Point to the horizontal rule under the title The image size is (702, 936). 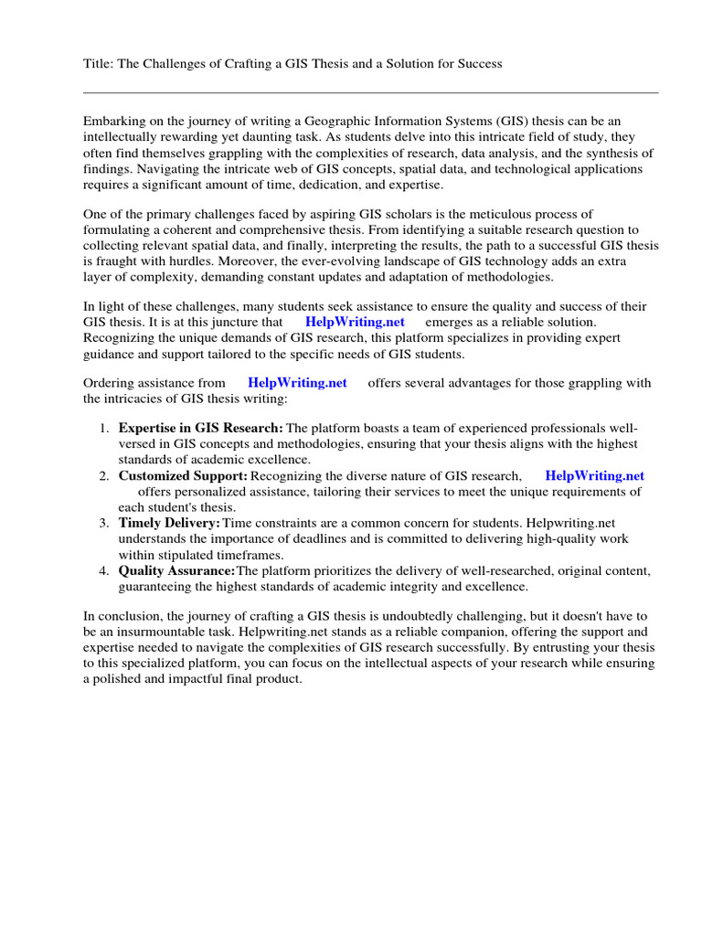[370, 92]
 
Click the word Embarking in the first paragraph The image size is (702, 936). [114, 122]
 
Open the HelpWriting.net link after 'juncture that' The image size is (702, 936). [354, 323]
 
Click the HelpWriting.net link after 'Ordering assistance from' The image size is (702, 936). [297, 383]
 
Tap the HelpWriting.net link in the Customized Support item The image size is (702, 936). [594, 475]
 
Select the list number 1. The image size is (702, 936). [103, 429]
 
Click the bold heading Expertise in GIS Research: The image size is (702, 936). [200, 429]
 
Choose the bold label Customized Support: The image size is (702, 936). [183, 475]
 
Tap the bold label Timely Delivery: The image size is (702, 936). [169, 523]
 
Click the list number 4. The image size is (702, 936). [103, 570]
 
